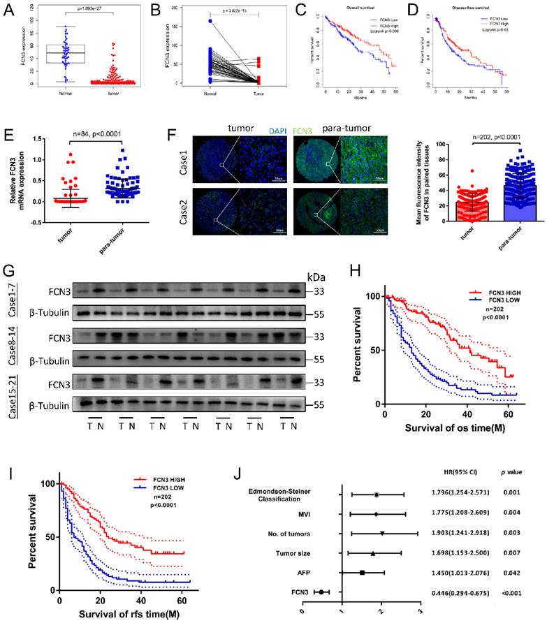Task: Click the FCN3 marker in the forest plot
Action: coord(321,592)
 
